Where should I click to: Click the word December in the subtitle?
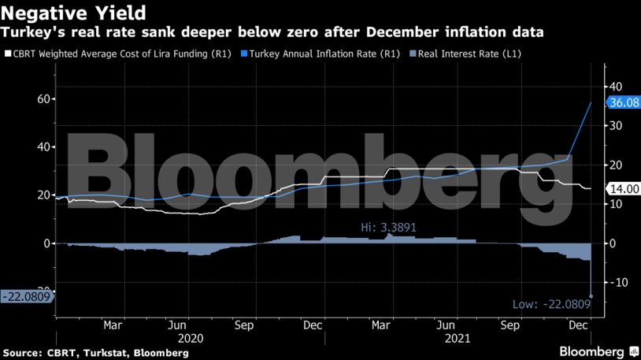point(410,32)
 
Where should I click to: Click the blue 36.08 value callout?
point(622,102)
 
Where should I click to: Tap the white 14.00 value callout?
point(622,189)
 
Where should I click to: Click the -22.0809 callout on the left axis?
point(26,296)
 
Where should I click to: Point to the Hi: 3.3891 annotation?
point(387,227)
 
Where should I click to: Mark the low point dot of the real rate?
point(591,296)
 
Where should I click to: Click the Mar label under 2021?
point(380,324)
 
